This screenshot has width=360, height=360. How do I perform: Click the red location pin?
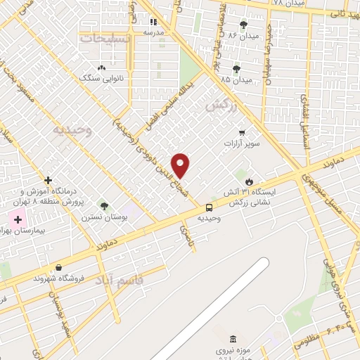click(181, 165)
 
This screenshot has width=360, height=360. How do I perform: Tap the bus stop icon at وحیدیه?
click(209, 207)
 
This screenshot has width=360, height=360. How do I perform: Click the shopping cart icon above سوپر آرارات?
click(242, 132)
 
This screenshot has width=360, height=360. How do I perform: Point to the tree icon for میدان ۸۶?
click(243, 25)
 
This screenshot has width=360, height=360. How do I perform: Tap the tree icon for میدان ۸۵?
click(236, 69)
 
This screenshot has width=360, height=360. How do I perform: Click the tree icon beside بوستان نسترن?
click(105, 206)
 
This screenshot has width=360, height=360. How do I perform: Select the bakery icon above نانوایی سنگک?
click(102, 68)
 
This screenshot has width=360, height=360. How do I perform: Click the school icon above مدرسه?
click(153, 22)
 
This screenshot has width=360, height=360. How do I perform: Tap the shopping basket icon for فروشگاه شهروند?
click(58, 267)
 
